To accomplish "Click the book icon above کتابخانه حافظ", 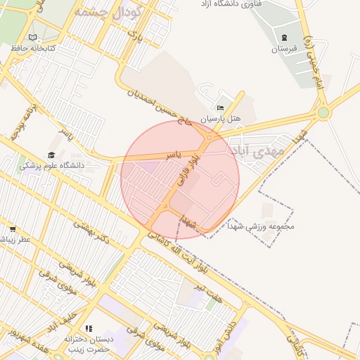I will point(32,37).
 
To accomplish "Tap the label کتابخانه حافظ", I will point(32,49).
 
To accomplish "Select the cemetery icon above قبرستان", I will point(283,37).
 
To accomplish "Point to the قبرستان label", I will point(285,49).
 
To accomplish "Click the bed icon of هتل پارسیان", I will point(221,108).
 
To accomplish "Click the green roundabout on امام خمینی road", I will point(323,112).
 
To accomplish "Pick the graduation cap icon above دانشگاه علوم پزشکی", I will point(51,155).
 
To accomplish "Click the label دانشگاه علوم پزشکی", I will point(51,166).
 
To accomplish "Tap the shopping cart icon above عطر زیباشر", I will point(13,229).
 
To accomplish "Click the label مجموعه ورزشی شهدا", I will point(261,226).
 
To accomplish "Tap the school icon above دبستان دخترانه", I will point(88,328).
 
